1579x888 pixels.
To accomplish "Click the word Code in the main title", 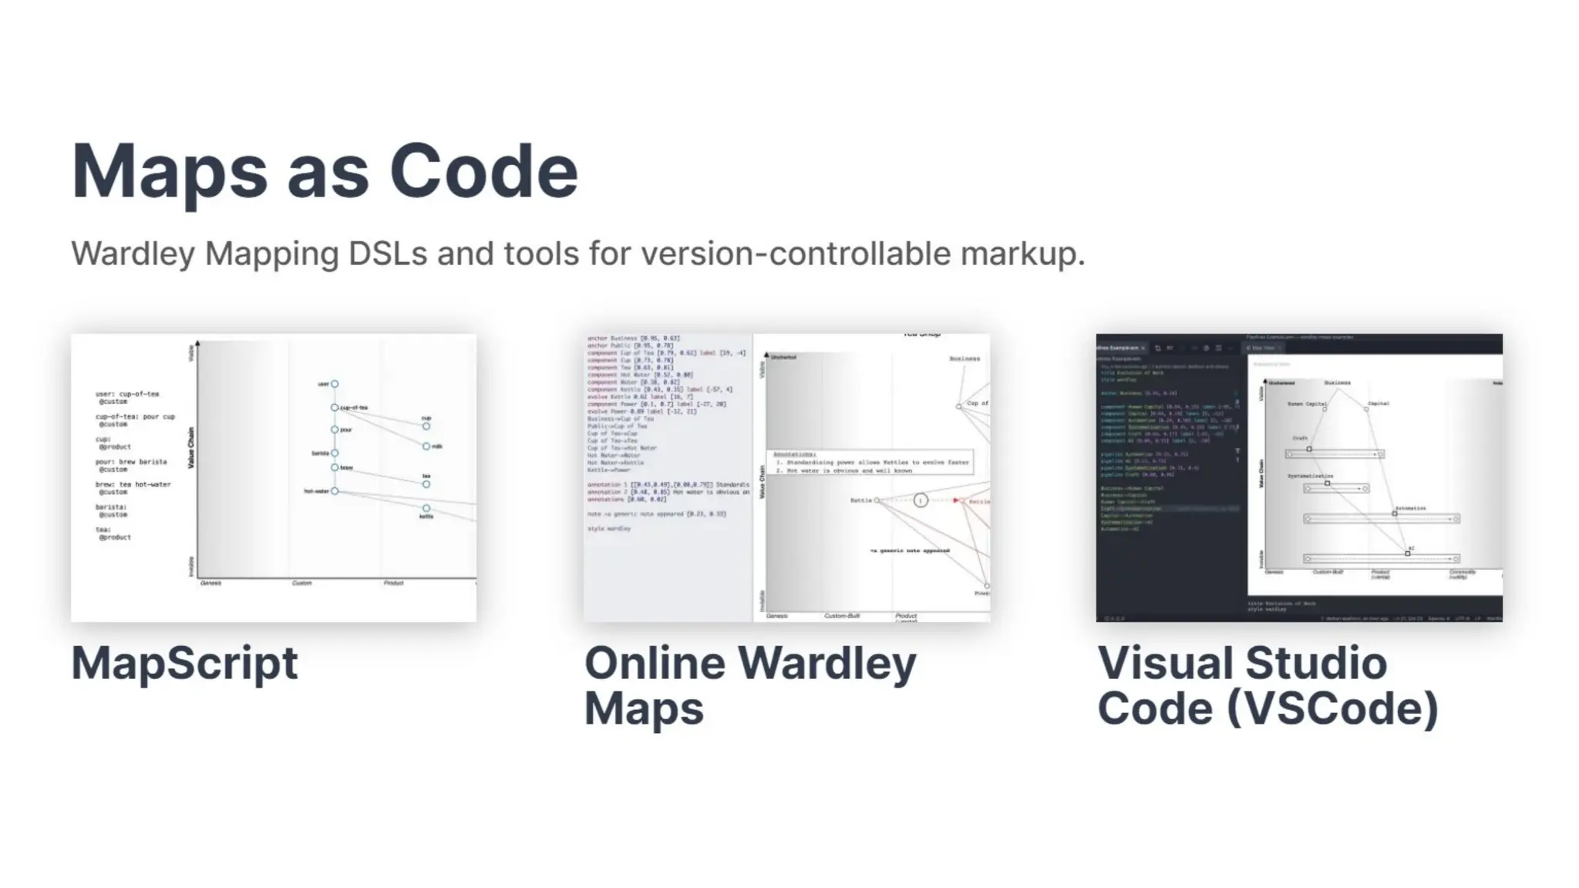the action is point(483,171).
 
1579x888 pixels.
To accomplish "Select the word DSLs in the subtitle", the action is point(387,254).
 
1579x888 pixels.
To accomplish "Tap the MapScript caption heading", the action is point(184,663).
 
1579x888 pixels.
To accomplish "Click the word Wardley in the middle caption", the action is point(827,663).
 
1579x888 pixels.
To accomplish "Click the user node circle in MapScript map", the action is point(335,384).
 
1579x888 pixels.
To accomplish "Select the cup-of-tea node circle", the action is point(335,408).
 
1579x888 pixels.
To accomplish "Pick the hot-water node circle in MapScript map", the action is point(335,491).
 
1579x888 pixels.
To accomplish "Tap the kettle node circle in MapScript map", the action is point(426,509).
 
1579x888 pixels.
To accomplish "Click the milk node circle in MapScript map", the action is point(426,446).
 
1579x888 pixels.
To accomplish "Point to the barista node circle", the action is point(335,453).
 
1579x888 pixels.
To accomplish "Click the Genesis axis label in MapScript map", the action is point(210,584).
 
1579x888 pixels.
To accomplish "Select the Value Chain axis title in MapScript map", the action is point(191,448).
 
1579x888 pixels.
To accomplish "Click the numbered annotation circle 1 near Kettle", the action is point(921,501).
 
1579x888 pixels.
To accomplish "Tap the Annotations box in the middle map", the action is point(870,462).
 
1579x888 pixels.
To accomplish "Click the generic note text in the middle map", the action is point(910,551).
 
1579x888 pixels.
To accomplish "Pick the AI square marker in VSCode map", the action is point(1408,553).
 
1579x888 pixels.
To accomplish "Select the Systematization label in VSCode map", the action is point(1310,476).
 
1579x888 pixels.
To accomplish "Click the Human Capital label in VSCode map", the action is point(1307,404).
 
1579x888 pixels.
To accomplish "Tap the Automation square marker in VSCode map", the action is point(1395,513).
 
